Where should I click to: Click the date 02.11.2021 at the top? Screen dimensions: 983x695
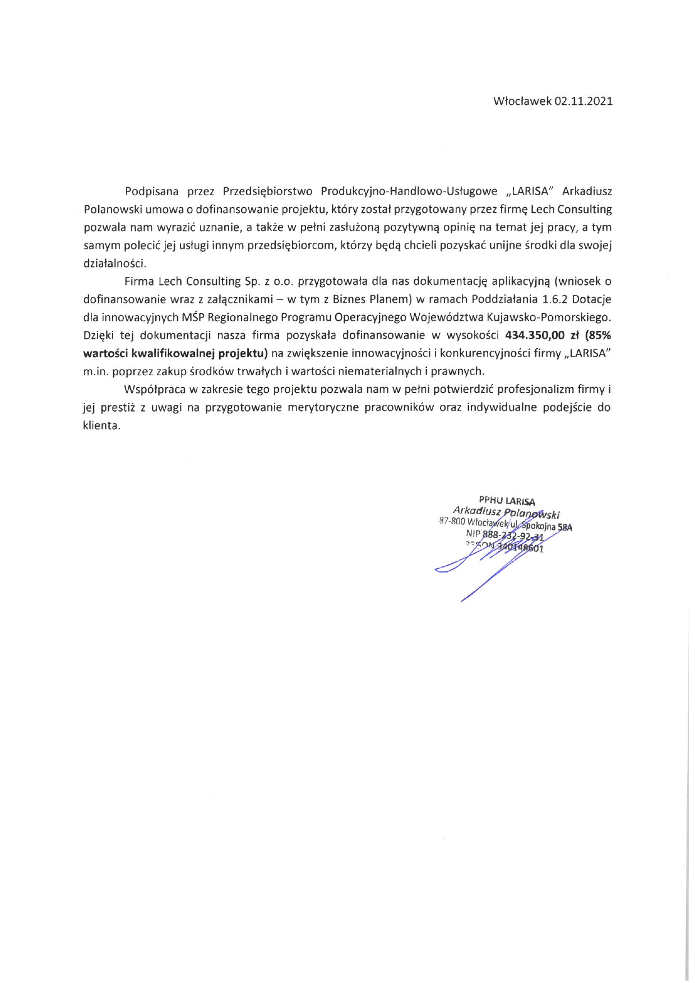[x=583, y=101]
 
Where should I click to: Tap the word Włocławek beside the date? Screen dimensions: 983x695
[x=522, y=101]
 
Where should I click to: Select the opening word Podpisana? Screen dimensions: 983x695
[x=152, y=191]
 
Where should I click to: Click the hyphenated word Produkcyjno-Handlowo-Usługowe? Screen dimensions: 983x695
[x=409, y=191]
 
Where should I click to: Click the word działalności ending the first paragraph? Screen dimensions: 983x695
[x=114, y=263]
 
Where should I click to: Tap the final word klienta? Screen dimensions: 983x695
[x=101, y=426]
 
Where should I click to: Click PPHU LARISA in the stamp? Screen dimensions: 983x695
[x=507, y=501]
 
